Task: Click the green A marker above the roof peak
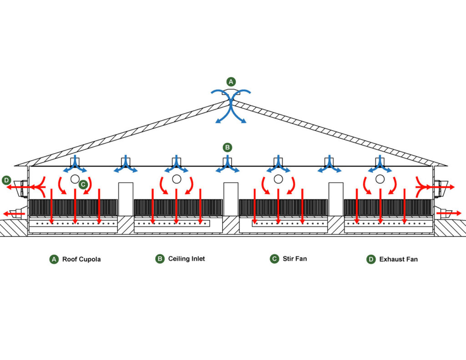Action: click(x=231, y=82)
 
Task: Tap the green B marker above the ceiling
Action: click(x=228, y=147)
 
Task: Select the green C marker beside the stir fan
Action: click(x=83, y=184)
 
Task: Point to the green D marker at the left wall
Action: click(x=6, y=180)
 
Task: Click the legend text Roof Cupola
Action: click(x=81, y=259)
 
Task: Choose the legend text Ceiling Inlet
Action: click(x=187, y=259)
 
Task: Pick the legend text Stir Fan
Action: click(x=295, y=259)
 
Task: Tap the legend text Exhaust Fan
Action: click(x=398, y=259)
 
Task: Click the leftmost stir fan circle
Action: click(x=75, y=179)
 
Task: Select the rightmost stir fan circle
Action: click(x=380, y=179)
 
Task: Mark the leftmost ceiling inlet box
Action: click(x=75, y=162)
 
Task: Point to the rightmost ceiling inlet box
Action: click(x=380, y=162)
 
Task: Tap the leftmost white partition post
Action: click(x=126, y=199)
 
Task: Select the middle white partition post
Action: click(x=231, y=199)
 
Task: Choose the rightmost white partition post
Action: click(x=336, y=199)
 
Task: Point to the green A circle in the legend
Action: click(x=54, y=259)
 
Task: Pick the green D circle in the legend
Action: click(x=371, y=259)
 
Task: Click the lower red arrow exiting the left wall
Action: click(x=14, y=213)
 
